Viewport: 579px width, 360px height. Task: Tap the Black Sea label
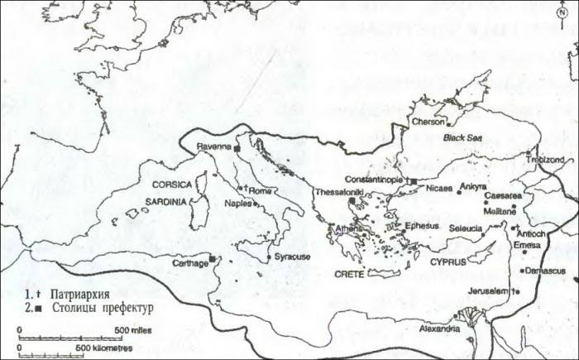click(x=461, y=139)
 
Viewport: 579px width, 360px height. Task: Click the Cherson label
click(x=427, y=122)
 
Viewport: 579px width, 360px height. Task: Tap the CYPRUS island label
click(x=448, y=261)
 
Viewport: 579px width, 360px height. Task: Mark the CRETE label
click(x=350, y=272)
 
